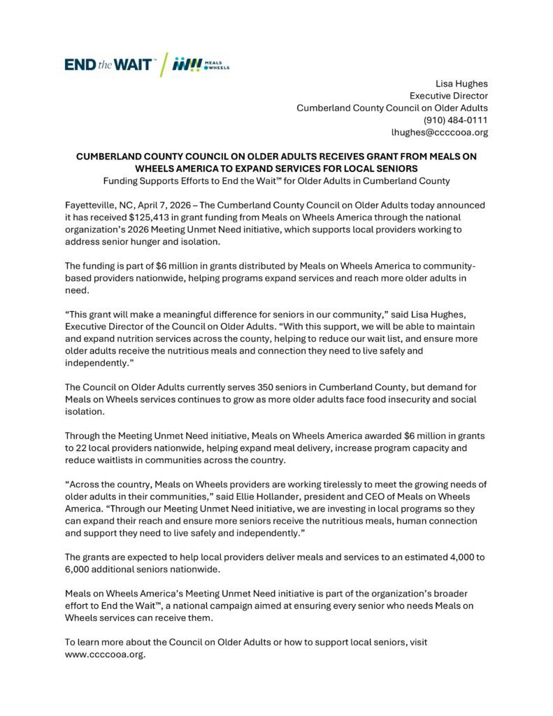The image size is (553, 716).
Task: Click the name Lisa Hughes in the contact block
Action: (461, 83)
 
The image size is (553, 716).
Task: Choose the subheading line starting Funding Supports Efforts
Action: (276, 180)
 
